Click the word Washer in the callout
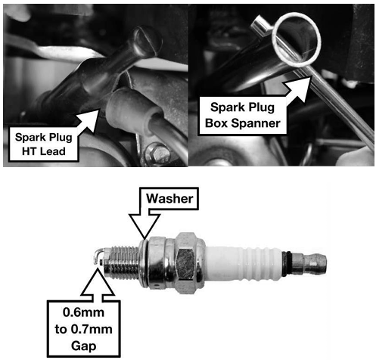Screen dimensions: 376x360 click(169, 199)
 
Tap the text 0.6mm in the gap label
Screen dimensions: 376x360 click(83, 312)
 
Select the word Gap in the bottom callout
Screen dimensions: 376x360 click(84, 346)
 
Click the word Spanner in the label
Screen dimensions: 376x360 click(256, 123)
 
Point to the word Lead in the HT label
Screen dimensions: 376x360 click(53, 151)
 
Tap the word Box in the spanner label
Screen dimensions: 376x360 click(216, 123)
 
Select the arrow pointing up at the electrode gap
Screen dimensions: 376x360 click(98, 283)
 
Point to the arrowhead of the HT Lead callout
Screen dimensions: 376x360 click(89, 119)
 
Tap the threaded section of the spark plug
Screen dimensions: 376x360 click(123, 262)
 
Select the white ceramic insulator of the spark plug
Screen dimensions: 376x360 click(244, 262)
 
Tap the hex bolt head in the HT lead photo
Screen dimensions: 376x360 click(157, 153)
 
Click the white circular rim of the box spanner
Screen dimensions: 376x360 click(298, 40)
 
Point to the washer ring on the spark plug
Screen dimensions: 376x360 click(143, 262)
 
